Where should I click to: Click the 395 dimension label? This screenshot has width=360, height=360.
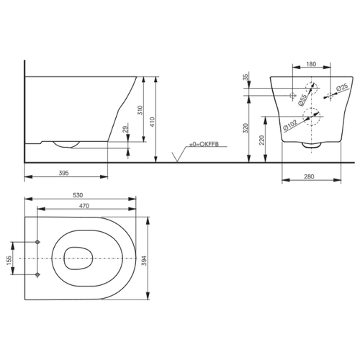[x=64, y=173]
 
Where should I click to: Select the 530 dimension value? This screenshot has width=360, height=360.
[x=78, y=195]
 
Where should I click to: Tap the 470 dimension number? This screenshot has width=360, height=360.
[x=84, y=206]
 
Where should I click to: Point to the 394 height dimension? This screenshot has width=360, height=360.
[x=144, y=261]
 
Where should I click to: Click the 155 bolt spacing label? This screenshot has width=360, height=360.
[x=9, y=261]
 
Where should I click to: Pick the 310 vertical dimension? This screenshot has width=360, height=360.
[x=140, y=110]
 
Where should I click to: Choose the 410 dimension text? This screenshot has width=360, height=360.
[x=153, y=122]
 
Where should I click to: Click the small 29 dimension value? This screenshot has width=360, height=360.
[x=125, y=129]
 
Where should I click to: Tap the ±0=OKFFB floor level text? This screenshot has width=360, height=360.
[x=204, y=144]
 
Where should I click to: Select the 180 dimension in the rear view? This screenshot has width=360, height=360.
[x=311, y=64]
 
